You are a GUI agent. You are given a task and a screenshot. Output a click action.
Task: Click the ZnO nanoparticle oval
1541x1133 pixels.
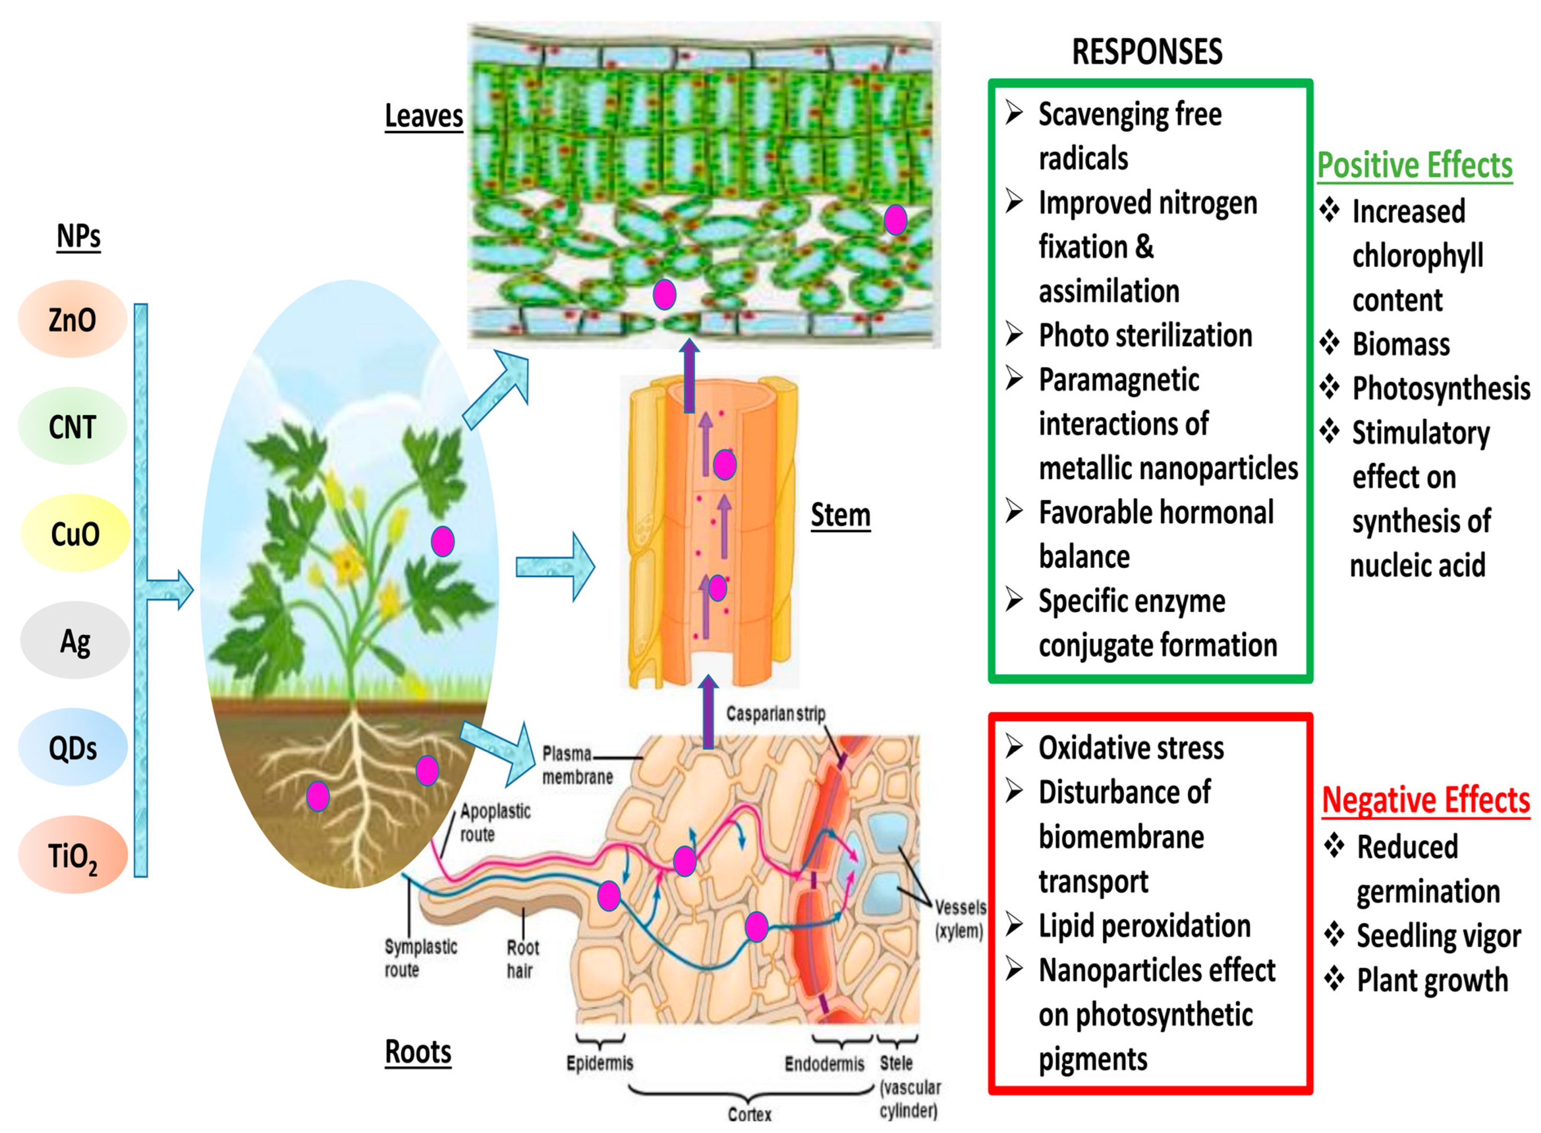72,319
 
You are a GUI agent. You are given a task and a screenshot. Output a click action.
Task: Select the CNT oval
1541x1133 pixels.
72,426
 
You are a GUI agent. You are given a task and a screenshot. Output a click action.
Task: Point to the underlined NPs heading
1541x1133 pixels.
78,236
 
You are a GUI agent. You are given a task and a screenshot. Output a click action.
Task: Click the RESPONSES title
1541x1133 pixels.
1146,52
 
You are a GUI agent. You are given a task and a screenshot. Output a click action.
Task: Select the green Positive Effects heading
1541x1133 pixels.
1414,165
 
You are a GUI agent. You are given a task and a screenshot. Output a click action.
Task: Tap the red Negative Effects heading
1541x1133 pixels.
1425,800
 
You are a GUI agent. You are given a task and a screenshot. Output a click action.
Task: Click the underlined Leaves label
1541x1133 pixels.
423,115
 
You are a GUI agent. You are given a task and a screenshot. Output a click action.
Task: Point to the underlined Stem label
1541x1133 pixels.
840,514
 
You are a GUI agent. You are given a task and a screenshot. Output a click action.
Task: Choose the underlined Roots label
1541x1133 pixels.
418,1051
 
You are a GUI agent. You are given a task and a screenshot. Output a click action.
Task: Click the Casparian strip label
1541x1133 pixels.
775,713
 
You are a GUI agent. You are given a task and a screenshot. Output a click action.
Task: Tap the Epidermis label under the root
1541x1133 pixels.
599,1062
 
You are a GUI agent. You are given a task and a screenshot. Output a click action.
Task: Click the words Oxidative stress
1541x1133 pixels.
1130,748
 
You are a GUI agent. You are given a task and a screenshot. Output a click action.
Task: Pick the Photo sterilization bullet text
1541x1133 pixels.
1145,335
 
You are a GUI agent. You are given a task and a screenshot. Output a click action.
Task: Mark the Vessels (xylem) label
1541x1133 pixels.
960,919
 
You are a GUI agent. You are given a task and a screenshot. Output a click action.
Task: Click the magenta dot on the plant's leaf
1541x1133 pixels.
442,541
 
